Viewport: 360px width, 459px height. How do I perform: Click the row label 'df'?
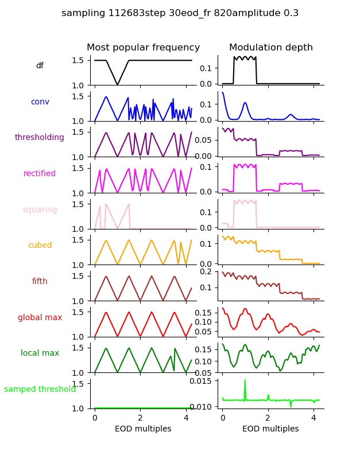(40, 66)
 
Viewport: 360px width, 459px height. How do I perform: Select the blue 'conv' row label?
(40, 102)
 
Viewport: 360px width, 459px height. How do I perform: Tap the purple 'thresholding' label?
(40, 138)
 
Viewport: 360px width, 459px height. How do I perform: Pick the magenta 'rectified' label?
(40, 174)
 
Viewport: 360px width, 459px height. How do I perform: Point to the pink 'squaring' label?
(40, 210)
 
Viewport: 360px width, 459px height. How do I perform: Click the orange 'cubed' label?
(40, 246)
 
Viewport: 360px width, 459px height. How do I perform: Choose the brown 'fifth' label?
(40, 282)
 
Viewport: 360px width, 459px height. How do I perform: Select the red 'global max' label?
(40, 317)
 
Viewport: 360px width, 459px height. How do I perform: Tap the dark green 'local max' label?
(40, 353)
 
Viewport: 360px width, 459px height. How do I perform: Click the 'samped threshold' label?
(40, 390)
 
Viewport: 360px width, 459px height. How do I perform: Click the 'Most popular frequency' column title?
(144, 48)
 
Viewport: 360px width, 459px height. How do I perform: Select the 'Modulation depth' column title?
(271, 48)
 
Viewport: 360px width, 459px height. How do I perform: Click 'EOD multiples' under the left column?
(144, 429)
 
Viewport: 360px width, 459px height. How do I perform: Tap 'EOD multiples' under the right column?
(270, 429)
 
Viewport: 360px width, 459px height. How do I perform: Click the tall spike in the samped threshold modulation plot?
(245, 381)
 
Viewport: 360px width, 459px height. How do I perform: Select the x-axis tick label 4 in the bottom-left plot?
(185, 418)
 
